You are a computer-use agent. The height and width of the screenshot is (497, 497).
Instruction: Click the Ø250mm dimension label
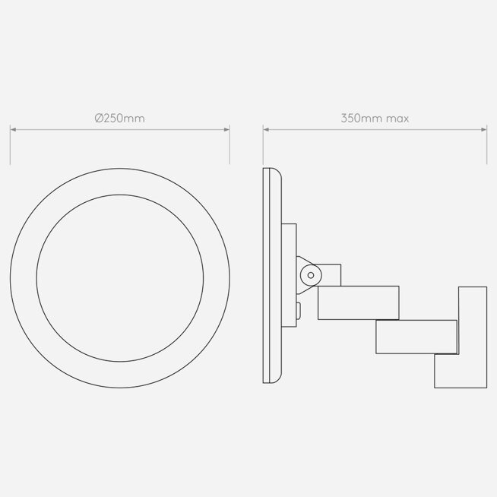[x=120, y=119]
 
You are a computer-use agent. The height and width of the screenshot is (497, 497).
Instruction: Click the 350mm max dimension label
[x=375, y=119]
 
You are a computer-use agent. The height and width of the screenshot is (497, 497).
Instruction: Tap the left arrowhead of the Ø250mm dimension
[x=13, y=129]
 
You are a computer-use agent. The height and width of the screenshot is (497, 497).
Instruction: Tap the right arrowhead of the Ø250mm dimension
[x=226, y=129]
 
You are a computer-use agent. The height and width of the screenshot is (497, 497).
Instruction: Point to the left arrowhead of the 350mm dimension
[x=266, y=129]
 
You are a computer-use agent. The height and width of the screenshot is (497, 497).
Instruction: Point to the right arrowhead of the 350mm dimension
[x=483, y=129]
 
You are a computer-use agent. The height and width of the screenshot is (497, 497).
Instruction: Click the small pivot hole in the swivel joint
[x=311, y=275]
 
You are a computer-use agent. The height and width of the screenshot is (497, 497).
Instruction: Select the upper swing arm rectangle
[x=359, y=302]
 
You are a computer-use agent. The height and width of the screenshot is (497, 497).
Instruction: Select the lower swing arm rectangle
[x=416, y=337]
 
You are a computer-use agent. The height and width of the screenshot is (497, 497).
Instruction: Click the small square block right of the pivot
[x=331, y=275]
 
